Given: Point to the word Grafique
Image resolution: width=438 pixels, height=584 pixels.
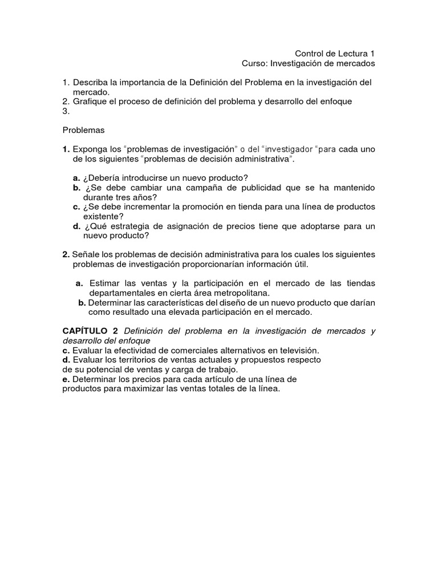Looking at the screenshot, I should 91,102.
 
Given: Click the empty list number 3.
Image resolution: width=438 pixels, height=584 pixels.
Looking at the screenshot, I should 66,111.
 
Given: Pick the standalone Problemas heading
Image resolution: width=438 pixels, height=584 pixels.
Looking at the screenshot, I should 84,130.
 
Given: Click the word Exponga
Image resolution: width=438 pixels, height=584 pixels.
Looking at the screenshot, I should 88,149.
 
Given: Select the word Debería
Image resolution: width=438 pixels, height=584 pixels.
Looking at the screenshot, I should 107,178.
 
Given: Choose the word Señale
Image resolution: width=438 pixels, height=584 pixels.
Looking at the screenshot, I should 85,254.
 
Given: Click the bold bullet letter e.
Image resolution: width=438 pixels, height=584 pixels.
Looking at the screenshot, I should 65,379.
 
